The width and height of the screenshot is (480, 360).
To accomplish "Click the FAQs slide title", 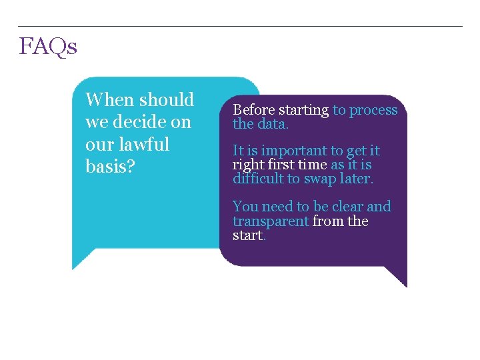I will click(x=48, y=47).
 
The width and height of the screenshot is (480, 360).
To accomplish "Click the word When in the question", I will click(x=110, y=100).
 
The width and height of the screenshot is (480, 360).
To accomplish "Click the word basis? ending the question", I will click(x=111, y=167).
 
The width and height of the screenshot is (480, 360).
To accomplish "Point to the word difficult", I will click(x=257, y=179).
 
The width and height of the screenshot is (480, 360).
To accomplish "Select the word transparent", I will click(x=270, y=221).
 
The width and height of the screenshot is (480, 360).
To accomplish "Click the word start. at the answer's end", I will click(x=249, y=236).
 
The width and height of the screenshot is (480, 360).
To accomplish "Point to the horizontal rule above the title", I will click(x=240, y=27).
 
